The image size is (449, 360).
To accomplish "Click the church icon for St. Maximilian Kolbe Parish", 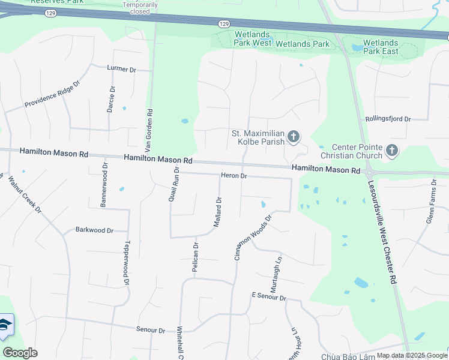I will [293, 138].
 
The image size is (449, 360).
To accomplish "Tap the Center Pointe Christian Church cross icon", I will [392, 151].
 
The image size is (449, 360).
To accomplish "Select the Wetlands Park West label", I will [252, 39].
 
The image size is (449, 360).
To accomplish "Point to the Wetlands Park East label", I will [381, 47].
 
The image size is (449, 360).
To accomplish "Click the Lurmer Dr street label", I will [122, 69].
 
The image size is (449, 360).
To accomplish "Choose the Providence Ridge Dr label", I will [52, 95].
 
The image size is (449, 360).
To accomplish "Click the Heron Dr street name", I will [234, 176].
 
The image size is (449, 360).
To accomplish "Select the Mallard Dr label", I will [218, 212].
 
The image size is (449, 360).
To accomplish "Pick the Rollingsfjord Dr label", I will [388, 119].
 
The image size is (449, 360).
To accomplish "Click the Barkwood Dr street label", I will [94, 230].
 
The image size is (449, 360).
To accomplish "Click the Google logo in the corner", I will [20, 353].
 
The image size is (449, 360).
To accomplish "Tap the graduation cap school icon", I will [5, 325].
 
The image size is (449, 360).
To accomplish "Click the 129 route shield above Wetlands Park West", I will [223, 23].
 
